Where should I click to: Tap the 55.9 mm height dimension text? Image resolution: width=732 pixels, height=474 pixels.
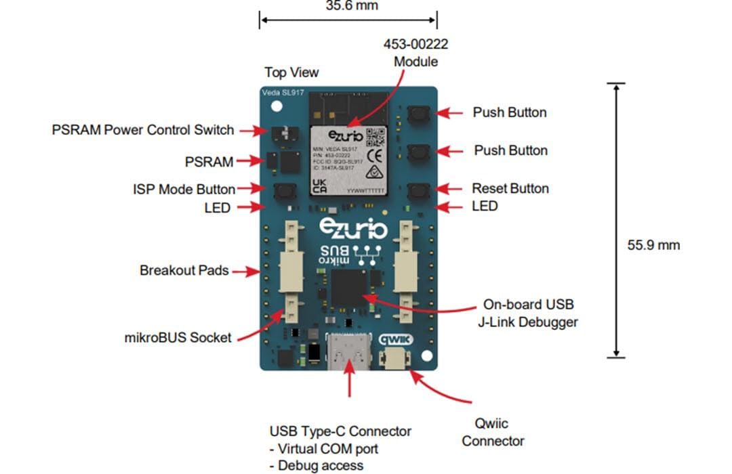click(653, 244)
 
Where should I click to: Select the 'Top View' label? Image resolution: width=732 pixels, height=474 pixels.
click(291, 72)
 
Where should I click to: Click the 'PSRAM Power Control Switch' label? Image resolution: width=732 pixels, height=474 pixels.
click(143, 130)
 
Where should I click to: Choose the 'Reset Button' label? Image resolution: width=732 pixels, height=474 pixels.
click(510, 188)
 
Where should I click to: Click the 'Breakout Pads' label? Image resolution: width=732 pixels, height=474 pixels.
click(184, 271)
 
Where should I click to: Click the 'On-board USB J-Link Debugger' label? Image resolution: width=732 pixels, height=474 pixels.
click(530, 313)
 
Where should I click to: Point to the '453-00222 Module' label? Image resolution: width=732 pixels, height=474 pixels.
click(416, 53)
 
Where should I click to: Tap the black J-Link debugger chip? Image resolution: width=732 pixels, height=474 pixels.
click(349, 287)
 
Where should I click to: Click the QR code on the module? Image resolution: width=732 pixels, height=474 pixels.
click(375, 137)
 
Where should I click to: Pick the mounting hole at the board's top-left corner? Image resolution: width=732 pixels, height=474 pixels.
click(276, 106)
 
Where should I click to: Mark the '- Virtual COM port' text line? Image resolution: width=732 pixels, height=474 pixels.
click(323, 448)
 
